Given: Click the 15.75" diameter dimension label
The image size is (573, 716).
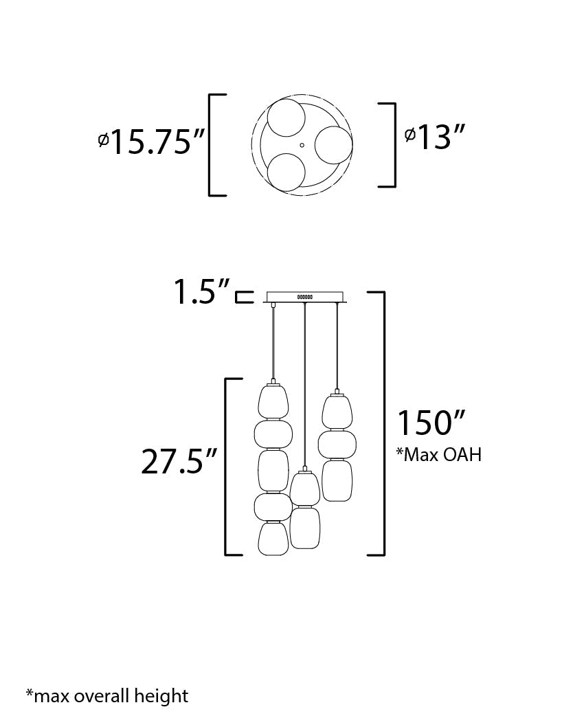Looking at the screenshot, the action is [x=151, y=142].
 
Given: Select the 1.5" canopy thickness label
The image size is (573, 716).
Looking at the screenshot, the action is [x=201, y=291].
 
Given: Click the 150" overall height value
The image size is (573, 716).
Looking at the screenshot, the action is [x=431, y=423].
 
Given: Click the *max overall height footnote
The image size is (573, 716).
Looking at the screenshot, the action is [x=107, y=696].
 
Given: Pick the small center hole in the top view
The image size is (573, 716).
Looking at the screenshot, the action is [x=302, y=145].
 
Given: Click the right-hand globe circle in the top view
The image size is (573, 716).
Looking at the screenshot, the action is [x=334, y=145].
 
